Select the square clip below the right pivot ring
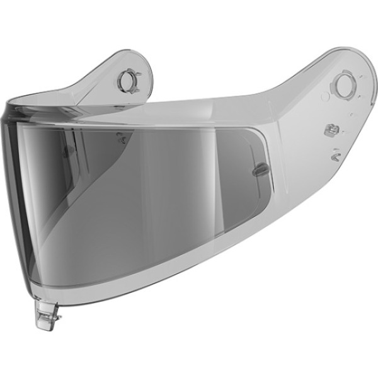[328, 130]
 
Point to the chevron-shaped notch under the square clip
[336, 152]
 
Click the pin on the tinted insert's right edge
[256, 170]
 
